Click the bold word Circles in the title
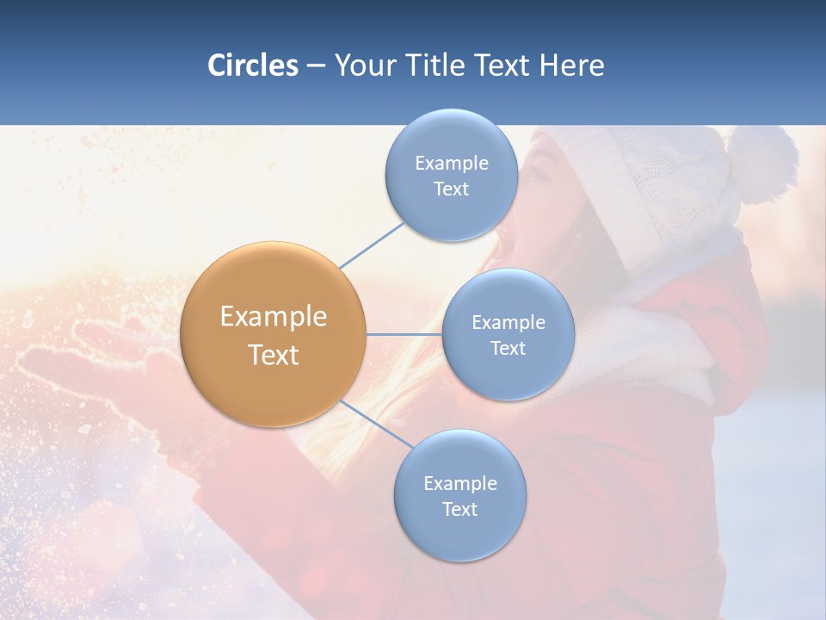pos(252,65)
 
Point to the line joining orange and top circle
pos(372,245)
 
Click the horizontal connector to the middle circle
pos(404,334)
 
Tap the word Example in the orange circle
pos(273,317)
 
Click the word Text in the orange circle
pos(273,355)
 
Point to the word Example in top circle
pos(451,163)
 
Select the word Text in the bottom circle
pos(459,509)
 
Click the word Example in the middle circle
pos(508,322)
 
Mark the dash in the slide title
pos(315,66)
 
